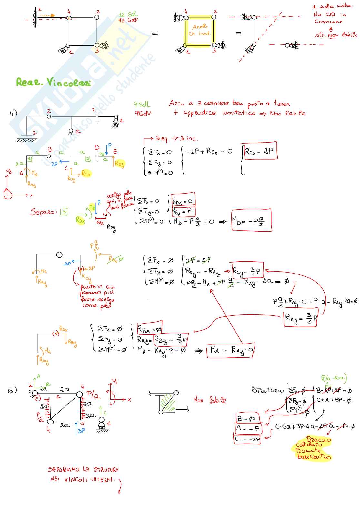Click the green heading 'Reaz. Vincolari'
point(53,83)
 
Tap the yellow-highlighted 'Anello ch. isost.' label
point(199,30)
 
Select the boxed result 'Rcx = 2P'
point(259,151)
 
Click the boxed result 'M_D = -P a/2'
point(251,220)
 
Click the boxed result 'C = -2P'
point(247,439)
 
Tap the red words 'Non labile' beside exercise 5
point(210,400)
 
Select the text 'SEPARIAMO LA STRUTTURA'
point(83,470)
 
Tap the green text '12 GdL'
point(128,15)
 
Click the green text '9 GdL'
point(142,104)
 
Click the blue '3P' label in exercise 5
point(81,430)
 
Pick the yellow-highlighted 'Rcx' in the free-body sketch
point(86,174)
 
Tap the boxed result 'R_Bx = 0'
point(150,329)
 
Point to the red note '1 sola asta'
point(332,6)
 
